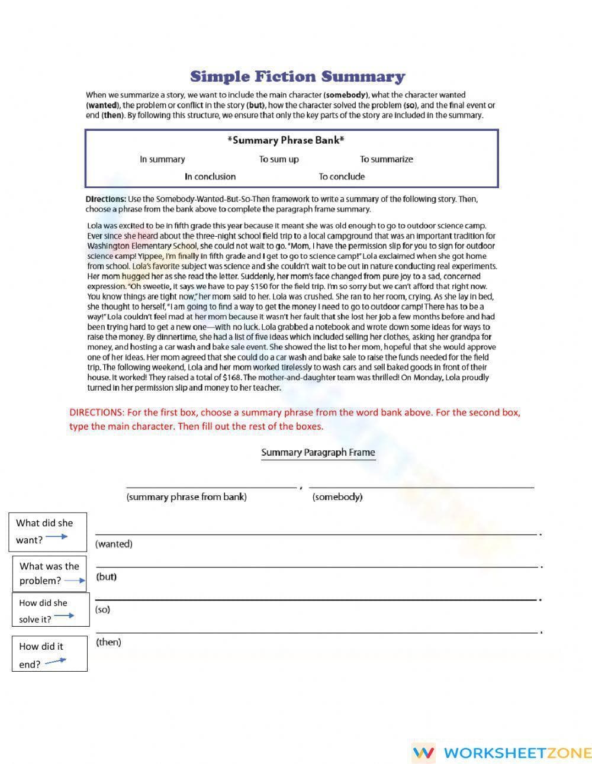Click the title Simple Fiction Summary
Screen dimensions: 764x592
coord(297,77)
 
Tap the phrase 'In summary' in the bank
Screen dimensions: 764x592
coord(162,159)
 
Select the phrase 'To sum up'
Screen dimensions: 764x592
coord(279,159)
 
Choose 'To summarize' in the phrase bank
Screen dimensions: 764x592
coord(386,159)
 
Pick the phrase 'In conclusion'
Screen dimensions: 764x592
coord(210,176)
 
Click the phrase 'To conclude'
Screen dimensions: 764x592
coord(342,176)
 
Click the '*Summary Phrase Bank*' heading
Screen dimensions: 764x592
coord(286,140)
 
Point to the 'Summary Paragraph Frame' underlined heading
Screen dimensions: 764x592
coord(318,453)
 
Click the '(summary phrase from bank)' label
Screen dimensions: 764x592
coord(186,497)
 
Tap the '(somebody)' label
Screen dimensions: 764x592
coord(337,497)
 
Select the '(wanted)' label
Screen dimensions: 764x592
coord(114,544)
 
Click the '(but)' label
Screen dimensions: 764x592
coord(107,576)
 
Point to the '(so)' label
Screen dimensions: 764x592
coord(102,610)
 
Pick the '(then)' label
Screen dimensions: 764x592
coord(108,642)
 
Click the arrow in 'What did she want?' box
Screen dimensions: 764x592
coord(57,537)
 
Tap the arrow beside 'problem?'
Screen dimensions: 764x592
coord(75,581)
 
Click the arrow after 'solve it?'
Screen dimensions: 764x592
coord(64,616)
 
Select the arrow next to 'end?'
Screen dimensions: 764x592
coord(56,661)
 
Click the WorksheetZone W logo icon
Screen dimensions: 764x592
coord(423,753)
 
